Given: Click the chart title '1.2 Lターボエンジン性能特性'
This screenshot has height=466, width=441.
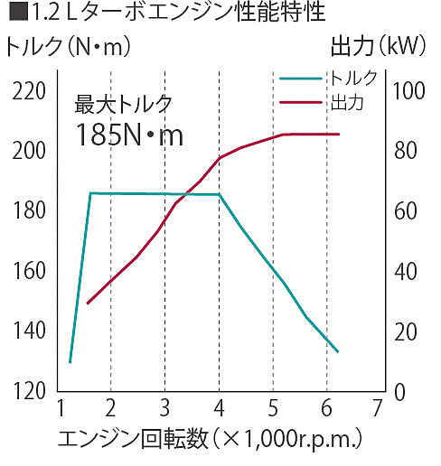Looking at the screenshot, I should pos(163,14).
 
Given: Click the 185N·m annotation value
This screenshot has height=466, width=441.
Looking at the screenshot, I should pos(130,136).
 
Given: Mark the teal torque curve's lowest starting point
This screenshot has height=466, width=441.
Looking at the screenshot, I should pos(70,361).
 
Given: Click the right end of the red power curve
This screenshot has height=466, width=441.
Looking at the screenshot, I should pos(339,134).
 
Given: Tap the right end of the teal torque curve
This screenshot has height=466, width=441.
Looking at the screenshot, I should pos(337,351).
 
